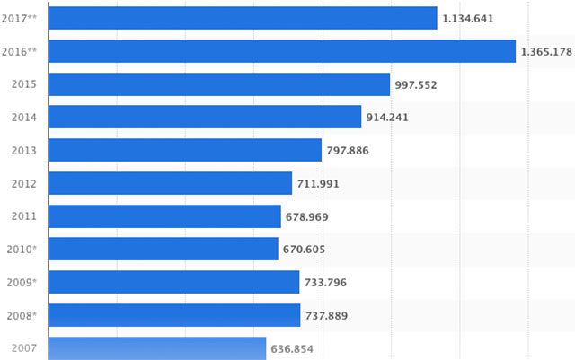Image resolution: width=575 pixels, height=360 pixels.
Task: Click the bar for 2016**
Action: coord(281,51)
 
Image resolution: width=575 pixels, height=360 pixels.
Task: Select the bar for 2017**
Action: coord(243,18)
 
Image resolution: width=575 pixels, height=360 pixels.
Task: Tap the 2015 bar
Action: coord(219,84)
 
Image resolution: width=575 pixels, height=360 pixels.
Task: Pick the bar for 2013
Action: coord(184,150)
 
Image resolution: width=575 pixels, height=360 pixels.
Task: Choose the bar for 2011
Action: coord(164,216)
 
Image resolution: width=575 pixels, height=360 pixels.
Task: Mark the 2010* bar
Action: coord(163,249)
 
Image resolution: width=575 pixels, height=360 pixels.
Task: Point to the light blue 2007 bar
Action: coord(157,348)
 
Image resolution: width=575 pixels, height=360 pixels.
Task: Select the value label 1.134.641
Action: coord(468,18)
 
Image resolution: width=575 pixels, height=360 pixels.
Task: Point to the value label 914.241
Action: coord(390,118)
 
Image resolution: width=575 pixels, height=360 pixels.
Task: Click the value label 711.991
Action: coord(320,184)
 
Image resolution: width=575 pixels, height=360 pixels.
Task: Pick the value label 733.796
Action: coord(327,283)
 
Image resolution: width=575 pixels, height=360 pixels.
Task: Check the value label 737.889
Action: coord(328,316)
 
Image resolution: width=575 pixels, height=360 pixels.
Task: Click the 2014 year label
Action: coord(23,118)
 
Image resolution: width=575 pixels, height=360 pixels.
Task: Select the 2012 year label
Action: coord(23,184)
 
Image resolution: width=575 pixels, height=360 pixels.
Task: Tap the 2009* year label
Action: coord(21,283)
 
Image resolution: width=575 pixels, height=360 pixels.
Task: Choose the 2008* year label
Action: coord(21,316)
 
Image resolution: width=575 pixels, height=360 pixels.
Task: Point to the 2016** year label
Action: coord(19,51)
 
